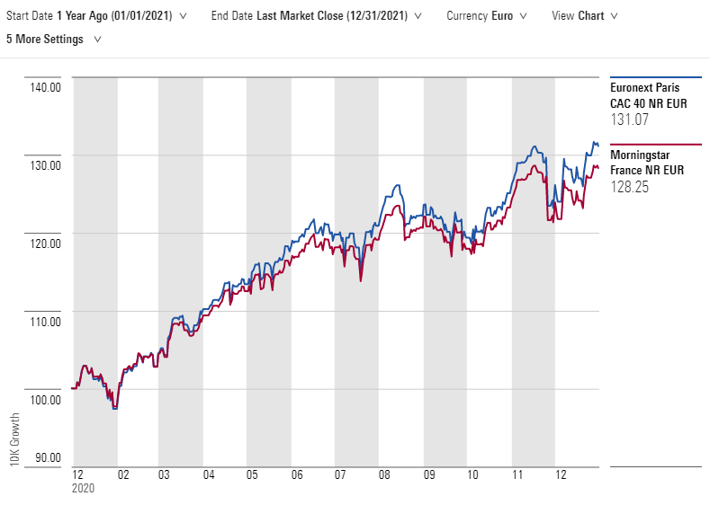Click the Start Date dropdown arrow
[x=184, y=16]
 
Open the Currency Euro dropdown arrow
[x=523, y=16]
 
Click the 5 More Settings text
[x=45, y=40]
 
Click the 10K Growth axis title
[x=13, y=439]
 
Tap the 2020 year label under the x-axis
[x=82, y=489]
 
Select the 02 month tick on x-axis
[x=122, y=475]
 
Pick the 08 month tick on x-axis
[x=384, y=475]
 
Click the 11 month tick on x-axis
[x=517, y=475]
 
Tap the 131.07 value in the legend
[x=629, y=120]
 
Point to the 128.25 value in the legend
[x=629, y=187]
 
